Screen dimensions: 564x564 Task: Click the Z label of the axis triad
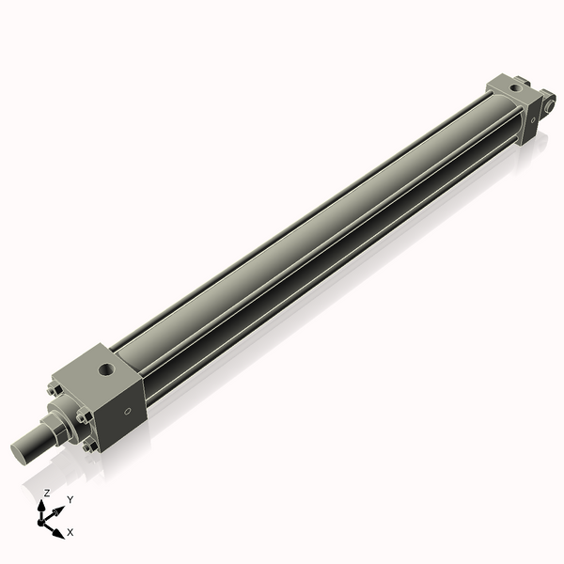(x=46, y=493)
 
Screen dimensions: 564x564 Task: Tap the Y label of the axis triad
(x=70, y=499)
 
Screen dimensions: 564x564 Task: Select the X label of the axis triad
(x=70, y=532)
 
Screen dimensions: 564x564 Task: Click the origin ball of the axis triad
(x=43, y=521)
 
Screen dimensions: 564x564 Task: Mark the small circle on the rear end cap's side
(x=533, y=119)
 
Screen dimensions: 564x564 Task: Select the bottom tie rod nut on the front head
(x=89, y=446)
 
